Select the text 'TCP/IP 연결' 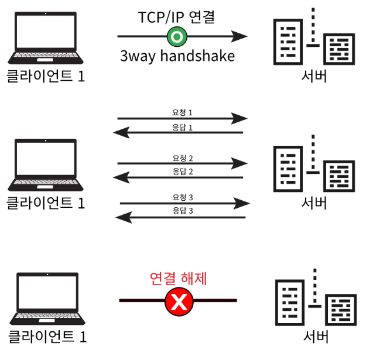pos(177,16)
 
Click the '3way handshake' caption pos(177,56)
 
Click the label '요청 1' pos(182,111)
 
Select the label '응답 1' pos(182,126)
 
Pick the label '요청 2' pos(182,157)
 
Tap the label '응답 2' pos(182,171)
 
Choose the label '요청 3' pos(182,197)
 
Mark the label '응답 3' pos(182,210)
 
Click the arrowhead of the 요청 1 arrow pos(240,119)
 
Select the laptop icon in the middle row pos(43,165)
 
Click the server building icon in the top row pos(313,39)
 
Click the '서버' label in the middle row pos(314,203)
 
